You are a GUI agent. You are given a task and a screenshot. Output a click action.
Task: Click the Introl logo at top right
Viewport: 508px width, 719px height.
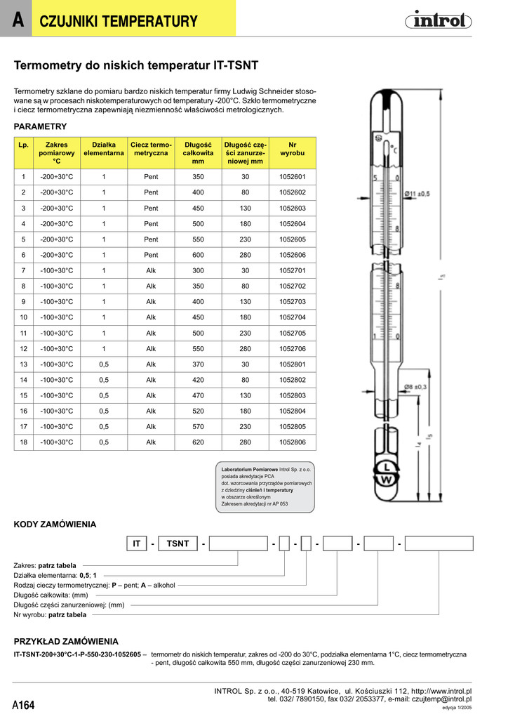click(x=438, y=21)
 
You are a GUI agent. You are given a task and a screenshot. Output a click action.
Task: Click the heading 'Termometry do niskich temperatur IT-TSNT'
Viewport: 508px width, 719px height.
click(x=136, y=66)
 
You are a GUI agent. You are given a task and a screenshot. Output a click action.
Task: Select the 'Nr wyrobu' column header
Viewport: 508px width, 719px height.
click(x=293, y=148)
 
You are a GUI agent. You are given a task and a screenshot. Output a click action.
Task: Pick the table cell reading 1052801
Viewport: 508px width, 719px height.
click(x=293, y=364)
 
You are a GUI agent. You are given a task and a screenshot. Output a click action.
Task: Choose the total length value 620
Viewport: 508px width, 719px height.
click(x=198, y=443)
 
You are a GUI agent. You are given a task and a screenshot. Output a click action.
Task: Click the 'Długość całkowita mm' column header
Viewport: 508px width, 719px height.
click(x=198, y=152)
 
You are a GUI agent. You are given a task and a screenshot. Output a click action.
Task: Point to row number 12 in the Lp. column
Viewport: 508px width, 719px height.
click(x=23, y=349)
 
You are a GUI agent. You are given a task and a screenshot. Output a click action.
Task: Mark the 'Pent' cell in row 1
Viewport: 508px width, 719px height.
click(x=151, y=177)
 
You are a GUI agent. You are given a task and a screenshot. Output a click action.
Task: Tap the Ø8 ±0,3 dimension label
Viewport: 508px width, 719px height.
click(x=417, y=386)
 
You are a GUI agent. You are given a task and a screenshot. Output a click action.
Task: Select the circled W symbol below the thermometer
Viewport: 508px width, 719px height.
click(x=386, y=480)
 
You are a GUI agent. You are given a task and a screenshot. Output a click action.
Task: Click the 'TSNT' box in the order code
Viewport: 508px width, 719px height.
click(x=178, y=543)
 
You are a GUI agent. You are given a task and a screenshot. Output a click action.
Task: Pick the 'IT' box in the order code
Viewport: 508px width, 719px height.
click(x=137, y=543)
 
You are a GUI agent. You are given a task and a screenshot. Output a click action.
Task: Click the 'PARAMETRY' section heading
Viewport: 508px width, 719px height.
click(x=40, y=126)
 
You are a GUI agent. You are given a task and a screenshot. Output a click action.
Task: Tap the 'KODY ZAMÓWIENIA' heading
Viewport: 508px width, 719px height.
click(x=55, y=525)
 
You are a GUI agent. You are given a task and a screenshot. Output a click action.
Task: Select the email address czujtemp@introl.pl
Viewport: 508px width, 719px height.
click(x=440, y=699)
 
